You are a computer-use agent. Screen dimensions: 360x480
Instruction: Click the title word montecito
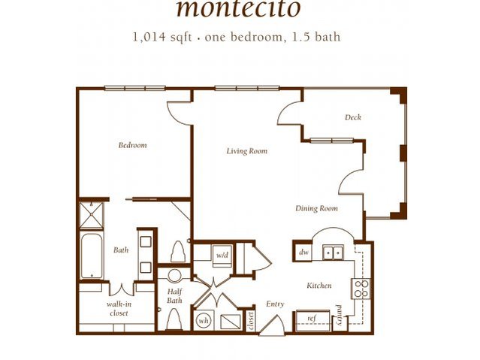coord(238,9)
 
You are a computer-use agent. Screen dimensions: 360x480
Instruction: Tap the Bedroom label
coord(132,145)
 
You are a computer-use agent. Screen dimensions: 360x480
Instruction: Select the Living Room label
coord(247,151)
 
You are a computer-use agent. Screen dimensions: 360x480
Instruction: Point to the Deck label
coord(353,117)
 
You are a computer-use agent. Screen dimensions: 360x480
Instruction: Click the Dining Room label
coord(315,208)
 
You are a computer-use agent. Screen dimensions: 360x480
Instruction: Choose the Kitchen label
coord(319,286)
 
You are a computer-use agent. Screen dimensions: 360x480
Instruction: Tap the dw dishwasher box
coord(303,253)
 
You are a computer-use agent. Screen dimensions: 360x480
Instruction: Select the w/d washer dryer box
coord(222,256)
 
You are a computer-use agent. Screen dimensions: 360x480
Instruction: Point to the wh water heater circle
coord(203,319)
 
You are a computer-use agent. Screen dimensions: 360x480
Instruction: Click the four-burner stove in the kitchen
coord(361,289)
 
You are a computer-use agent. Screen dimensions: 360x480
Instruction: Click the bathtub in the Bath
coord(93,256)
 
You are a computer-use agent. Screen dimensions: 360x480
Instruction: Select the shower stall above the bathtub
coord(93,214)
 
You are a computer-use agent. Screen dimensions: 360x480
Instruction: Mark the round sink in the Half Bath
coord(174,276)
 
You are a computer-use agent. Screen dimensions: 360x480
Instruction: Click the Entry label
coord(275,304)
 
